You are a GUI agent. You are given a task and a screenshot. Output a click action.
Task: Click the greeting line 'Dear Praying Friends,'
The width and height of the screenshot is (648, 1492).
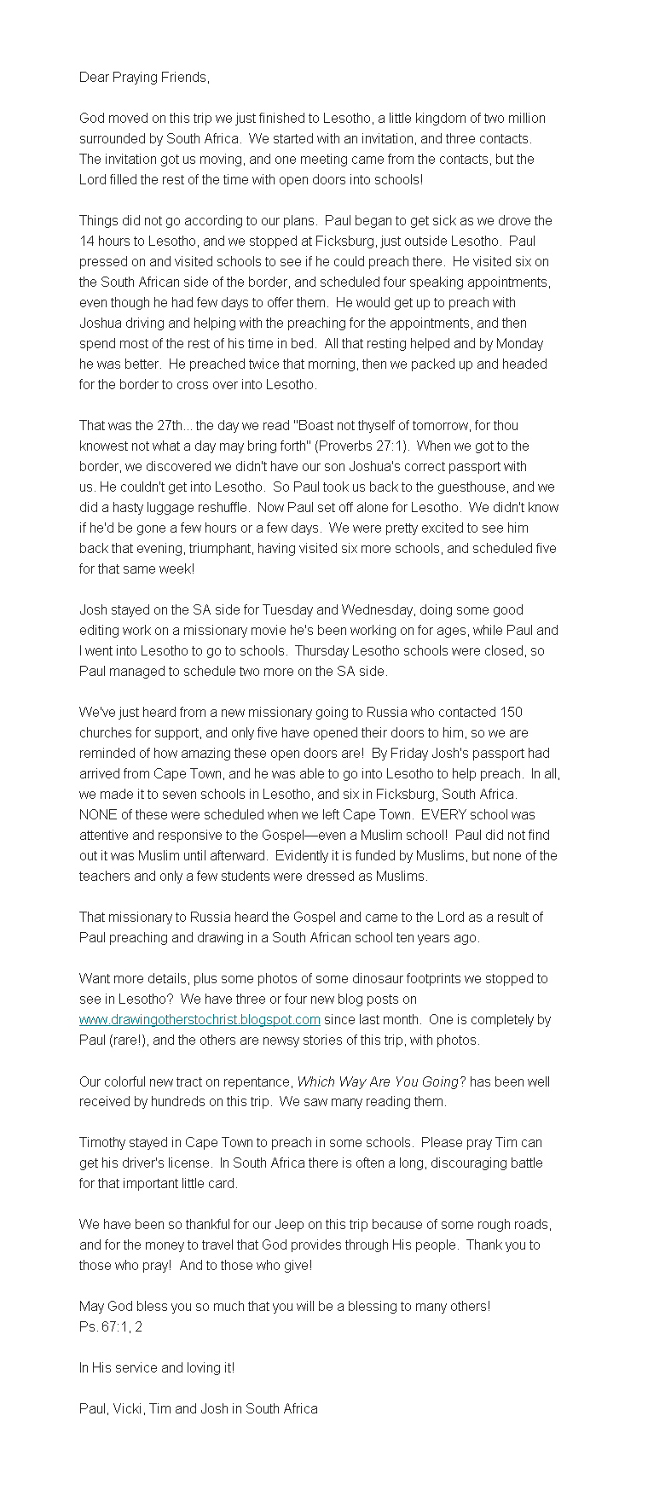coord(143,78)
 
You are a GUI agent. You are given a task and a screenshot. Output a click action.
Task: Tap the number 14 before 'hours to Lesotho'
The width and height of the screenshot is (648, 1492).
coord(87,242)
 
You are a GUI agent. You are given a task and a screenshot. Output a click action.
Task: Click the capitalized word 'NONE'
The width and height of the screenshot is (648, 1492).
coord(96,815)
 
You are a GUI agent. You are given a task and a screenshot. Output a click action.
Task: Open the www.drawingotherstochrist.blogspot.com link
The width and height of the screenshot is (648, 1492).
coord(200,1020)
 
